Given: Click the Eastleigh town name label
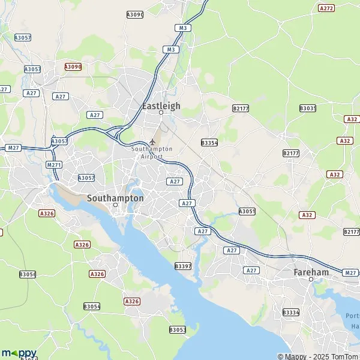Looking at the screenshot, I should pos(161,106).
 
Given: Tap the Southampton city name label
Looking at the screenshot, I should pos(115,197).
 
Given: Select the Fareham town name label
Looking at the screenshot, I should pos(311,272).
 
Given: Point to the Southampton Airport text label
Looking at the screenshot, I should pos(152,152).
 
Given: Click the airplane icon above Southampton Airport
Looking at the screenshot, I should pos(152,142).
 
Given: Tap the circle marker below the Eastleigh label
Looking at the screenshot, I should pos(161,113).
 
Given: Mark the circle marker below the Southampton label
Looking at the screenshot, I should pos(116,205).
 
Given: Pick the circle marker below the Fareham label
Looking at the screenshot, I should pos(311,280).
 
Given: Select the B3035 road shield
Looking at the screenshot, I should pos(308,108).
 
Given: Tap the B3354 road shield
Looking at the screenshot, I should pos(209,143).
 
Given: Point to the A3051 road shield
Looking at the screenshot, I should pos(247,211).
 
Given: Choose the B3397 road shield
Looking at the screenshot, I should pos(183,265).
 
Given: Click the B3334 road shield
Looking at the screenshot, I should pos(290,313).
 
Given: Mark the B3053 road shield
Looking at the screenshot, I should pos(178,329).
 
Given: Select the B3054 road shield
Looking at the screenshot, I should pos(92,306).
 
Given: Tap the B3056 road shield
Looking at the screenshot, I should pos(28,274).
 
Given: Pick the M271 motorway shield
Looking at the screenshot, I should pos(54,164).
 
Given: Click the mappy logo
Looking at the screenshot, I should pos(19,353).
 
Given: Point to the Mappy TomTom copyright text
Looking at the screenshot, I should pos(317,356).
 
